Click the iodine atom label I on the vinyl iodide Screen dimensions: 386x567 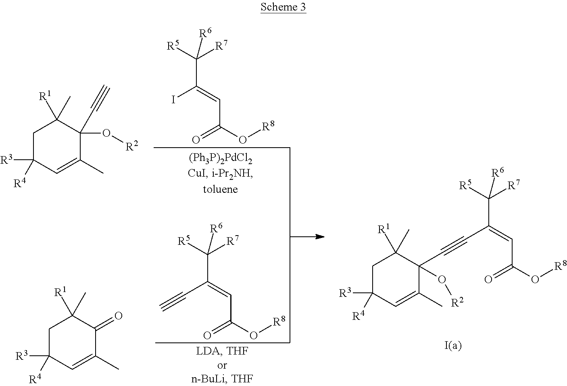(x=173, y=100)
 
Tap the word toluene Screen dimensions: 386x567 (x=220, y=189)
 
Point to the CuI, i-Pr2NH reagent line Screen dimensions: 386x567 (x=220, y=175)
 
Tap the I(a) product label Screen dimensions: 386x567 (x=451, y=346)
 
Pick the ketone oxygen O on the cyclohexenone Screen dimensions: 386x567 (x=118, y=315)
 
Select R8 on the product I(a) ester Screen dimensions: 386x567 (x=560, y=266)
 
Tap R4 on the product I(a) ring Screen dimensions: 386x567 (x=359, y=316)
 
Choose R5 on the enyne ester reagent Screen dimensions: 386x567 (x=184, y=242)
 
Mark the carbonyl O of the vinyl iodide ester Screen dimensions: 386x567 (x=196, y=140)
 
